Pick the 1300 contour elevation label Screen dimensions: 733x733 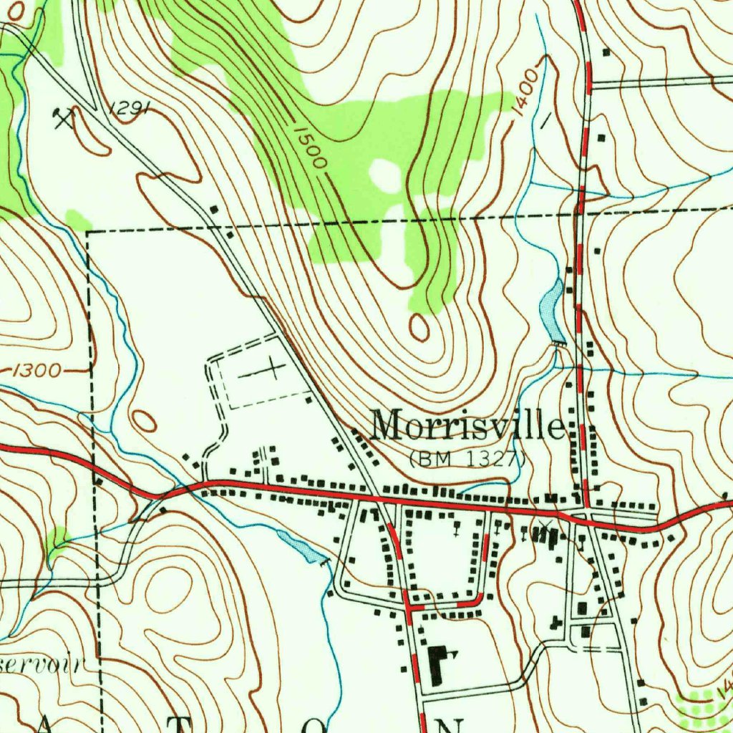click(37, 370)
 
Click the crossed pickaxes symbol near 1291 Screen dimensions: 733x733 click(64, 117)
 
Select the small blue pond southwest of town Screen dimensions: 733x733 click(301, 548)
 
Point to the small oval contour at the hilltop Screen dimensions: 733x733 click(419, 327)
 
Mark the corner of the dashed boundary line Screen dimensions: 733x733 click(88, 231)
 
